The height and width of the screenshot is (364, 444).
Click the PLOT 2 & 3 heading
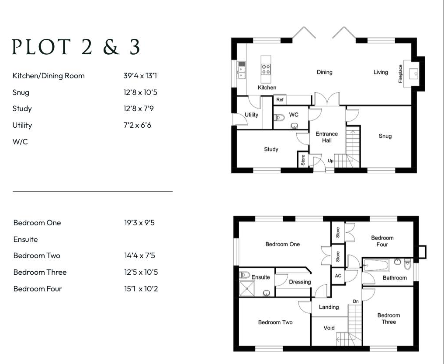click(76, 47)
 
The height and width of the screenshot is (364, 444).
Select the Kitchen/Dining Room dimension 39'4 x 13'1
click(140, 76)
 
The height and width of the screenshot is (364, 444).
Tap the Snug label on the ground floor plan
click(385, 136)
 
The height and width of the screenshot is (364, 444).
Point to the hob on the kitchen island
click(266, 69)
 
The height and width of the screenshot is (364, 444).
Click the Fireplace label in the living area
click(400, 73)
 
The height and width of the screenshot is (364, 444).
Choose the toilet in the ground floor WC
click(279, 117)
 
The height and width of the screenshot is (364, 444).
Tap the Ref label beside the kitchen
click(280, 99)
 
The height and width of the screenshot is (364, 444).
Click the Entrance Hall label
click(327, 137)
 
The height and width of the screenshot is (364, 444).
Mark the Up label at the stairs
click(330, 161)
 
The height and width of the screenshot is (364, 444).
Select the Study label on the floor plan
click(271, 149)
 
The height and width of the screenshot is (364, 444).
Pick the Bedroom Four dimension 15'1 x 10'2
click(141, 289)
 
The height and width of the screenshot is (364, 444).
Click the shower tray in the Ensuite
click(247, 288)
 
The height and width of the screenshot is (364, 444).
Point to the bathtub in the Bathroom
click(376, 265)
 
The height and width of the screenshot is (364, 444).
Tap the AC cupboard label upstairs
click(338, 276)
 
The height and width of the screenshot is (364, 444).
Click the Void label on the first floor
click(329, 328)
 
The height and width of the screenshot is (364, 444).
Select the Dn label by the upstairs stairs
click(356, 301)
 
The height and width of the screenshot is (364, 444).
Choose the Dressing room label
click(300, 282)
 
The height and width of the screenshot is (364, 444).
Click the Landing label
click(329, 307)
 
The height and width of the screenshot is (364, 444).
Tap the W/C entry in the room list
click(20, 141)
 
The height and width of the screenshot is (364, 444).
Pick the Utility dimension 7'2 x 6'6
click(137, 125)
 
